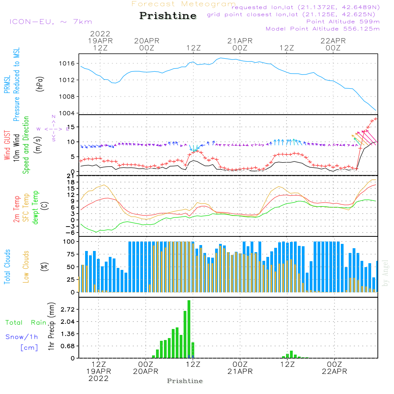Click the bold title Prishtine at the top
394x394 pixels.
(168, 16)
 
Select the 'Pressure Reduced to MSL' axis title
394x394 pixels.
(17, 84)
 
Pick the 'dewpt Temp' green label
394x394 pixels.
(35, 208)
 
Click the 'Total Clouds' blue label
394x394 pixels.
(7, 267)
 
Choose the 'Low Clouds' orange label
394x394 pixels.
(26, 267)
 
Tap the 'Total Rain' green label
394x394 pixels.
(26, 323)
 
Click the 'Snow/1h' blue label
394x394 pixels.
(22, 337)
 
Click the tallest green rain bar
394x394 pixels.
(189, 329)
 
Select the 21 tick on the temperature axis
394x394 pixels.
(71, 176)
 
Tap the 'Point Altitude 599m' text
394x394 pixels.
(343, 21)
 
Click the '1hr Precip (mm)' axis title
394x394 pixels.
(51, 327)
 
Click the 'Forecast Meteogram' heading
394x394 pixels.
(183, 4)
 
